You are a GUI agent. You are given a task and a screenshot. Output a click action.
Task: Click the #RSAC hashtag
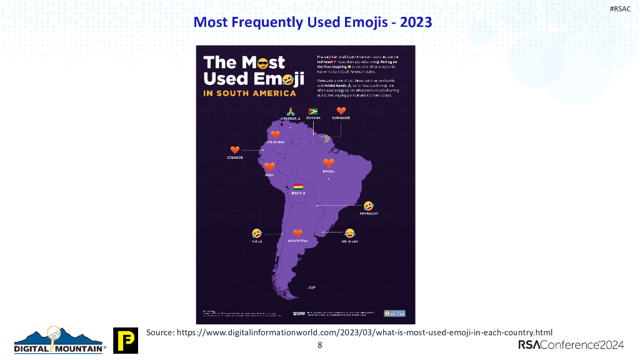(620, 7)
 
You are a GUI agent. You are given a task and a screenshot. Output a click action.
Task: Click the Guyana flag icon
(313, 111)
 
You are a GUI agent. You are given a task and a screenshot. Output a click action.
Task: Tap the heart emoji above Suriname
(341, 111)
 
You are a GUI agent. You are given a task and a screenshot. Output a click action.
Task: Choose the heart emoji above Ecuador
(235, 150)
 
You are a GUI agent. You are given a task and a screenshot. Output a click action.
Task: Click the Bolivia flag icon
(298, 186)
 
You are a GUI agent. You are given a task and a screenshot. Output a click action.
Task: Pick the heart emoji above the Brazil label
(329, 163)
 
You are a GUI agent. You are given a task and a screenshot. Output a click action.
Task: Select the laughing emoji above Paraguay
(369, 206)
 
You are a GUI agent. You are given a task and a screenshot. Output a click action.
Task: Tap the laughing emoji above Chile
(256, 232)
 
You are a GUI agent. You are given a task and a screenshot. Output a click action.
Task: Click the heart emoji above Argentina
(297, 232)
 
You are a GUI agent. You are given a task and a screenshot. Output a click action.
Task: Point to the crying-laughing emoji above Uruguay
(349, 233)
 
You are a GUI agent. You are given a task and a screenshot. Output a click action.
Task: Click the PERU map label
(269, 176)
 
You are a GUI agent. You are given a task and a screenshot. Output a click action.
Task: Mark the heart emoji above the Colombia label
(274, 134)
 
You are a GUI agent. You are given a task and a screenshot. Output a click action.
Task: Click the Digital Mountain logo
(60, 341)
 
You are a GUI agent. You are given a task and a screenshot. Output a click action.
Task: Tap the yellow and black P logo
(125, 341)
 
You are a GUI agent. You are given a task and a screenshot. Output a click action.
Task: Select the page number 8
(320, 345)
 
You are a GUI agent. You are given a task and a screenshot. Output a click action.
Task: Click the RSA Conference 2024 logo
(571, 345)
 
